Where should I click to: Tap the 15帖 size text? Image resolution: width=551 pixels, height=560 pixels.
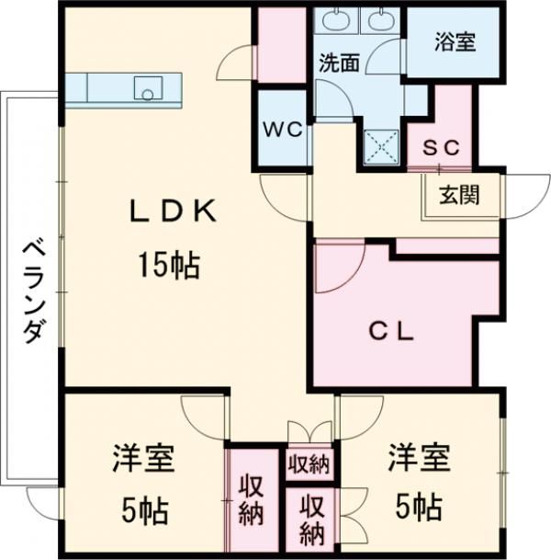171,266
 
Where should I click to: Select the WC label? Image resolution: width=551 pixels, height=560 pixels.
284,130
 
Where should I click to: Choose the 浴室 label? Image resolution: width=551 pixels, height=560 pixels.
455,42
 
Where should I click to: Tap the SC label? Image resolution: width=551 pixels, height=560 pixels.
446,148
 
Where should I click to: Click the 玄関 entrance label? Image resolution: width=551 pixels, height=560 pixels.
457,195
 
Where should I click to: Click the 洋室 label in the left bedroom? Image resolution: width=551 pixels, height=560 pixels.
144,457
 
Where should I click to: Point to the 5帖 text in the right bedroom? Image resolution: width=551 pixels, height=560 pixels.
418,505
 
